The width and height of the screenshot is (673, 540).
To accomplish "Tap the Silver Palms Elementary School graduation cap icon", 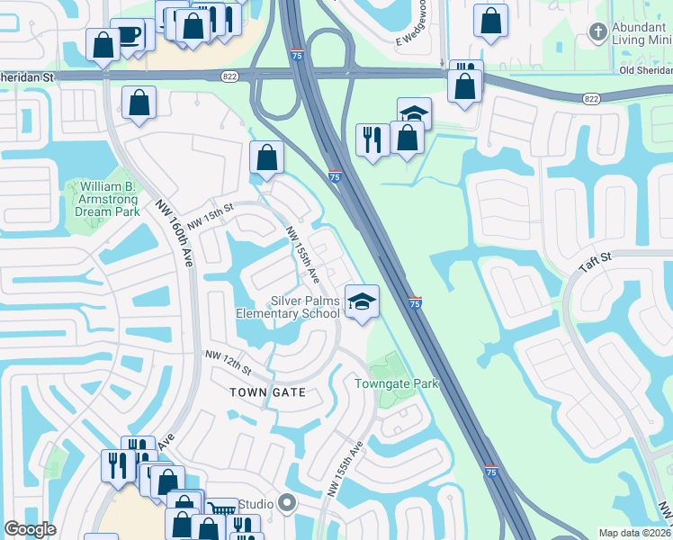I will (362, 301).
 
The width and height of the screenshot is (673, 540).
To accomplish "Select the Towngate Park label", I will (395, 383).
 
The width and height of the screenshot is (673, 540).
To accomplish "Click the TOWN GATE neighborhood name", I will (267, 392).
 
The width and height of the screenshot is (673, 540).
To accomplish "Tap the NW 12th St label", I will (226, 364).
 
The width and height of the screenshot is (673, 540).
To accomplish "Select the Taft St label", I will (595, 261).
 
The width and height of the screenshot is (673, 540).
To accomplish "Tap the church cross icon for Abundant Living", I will (597, 33).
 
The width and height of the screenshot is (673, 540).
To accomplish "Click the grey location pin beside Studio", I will (287, 502).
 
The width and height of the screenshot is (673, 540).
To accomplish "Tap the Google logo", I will (30, 529).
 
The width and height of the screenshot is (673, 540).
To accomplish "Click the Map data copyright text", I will (634, 533).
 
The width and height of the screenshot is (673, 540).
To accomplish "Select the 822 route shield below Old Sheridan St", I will (591, 98).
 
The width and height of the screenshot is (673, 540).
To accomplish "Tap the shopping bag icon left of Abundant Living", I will (490, 22).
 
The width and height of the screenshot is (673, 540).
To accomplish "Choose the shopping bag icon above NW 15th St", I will (267, 157).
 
